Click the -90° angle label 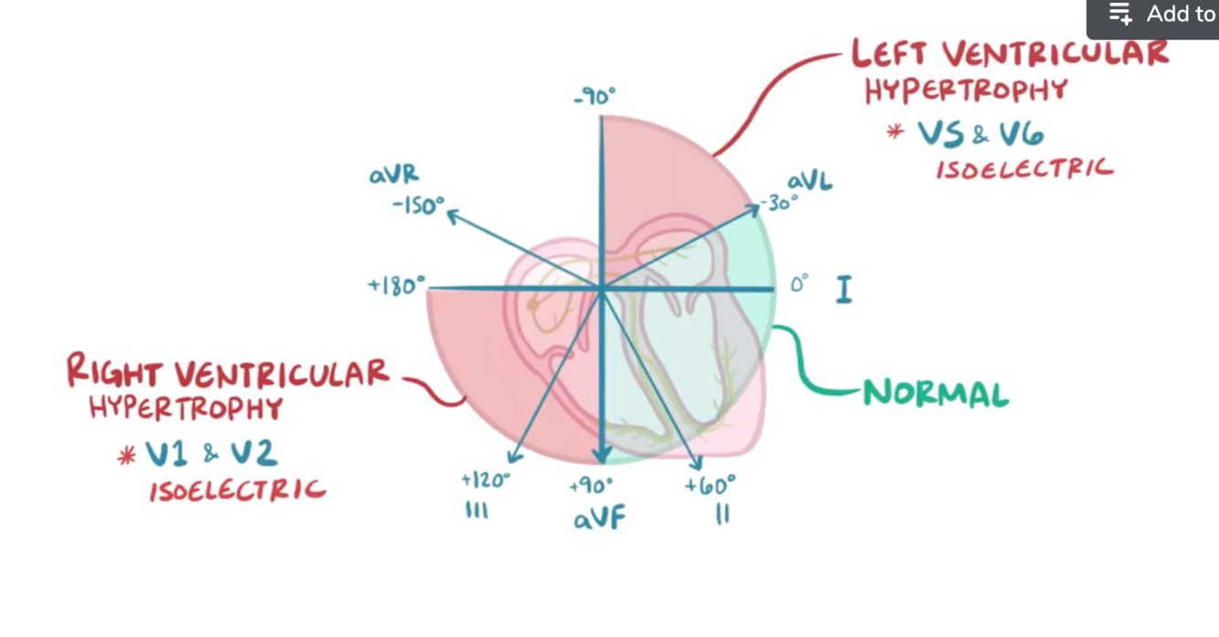(595, 96)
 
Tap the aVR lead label (394, 175)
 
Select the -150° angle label (418, 205)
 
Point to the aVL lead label (810, 181)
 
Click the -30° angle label (779, 203)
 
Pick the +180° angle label (397, 286)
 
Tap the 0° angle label (799, 285)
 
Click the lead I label (843, 290)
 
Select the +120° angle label (485, 480)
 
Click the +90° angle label (591, 486)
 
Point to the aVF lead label (599, 519)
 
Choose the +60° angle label (710, 485)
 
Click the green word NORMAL (936, 394)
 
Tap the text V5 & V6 (980, 135)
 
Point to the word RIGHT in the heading (114, 373)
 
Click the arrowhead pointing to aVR (450, 215)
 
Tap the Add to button (1161, 15)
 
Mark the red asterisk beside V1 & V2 (126, 455)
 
